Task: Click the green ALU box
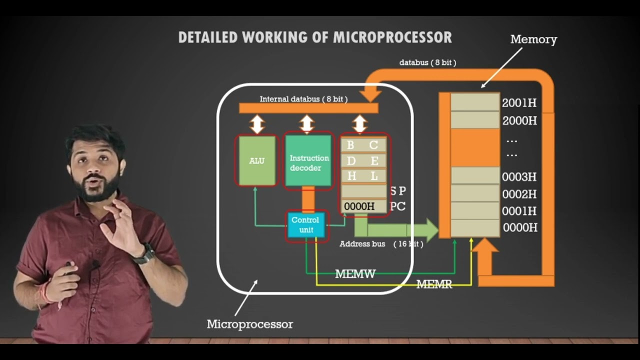(x=257, y=161)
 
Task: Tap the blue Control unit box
(x=305, y=224)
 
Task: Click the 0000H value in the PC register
(x=359, y=206)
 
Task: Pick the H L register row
(x=363, y=176)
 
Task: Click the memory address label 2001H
(x=519, y=103)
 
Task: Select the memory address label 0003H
(x=519, y=177)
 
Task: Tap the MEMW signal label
(x=355, y=274)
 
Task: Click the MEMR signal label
(x=434, y=284)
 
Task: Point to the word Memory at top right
(x=533, y=39)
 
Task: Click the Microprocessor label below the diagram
(x=249, y=324)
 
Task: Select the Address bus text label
(x=362, y=244)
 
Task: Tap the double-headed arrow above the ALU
(x=257, y=124)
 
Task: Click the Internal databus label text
(x=303, y=99)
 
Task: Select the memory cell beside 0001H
(x=474, y=210)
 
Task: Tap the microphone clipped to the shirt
(x=95, y=264)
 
